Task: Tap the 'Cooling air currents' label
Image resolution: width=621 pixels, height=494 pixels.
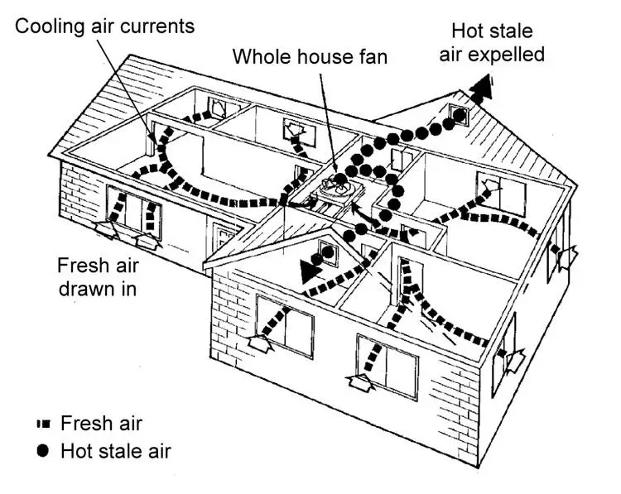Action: [105, 26]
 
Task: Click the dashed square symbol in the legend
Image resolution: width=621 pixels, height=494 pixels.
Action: [44, 424]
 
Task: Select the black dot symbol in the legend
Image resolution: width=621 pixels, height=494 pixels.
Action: [44, 452]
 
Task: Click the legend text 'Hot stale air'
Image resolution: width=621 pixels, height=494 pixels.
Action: [115, 452]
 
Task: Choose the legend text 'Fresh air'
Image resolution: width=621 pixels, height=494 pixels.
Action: [101, 424]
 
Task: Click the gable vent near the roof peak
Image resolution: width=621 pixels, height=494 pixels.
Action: [458, 116]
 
